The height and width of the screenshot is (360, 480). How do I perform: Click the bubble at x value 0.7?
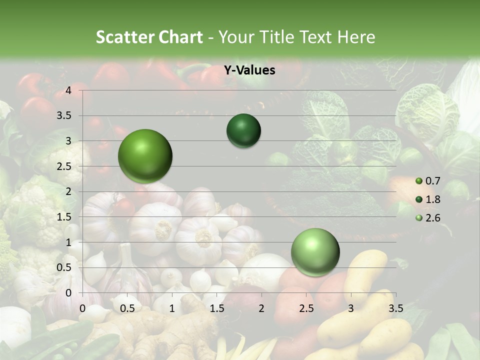145,156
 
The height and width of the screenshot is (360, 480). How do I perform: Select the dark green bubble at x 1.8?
243,130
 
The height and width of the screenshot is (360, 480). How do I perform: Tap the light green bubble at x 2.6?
315,252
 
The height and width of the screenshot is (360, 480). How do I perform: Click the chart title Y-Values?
249,70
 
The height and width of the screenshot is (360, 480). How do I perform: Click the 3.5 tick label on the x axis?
395,308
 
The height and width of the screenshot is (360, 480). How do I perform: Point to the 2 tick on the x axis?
261,308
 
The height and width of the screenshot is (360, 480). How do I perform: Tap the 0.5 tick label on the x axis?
127,308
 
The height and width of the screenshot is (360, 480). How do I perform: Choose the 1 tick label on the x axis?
172,308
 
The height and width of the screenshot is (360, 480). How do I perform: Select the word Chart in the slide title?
180,37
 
